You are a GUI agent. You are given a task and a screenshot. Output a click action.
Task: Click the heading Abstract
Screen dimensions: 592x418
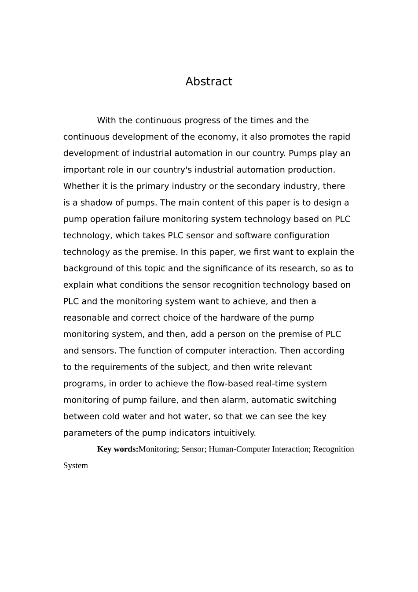pos(209,81)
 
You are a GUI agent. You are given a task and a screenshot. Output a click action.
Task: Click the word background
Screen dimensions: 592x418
pos(88,269)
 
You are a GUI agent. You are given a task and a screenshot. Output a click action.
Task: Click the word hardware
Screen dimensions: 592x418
pos(239,318)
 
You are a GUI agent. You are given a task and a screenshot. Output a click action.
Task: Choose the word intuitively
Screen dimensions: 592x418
pos(234,433)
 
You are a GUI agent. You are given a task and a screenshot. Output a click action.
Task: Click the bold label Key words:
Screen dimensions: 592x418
pos(117,449)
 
